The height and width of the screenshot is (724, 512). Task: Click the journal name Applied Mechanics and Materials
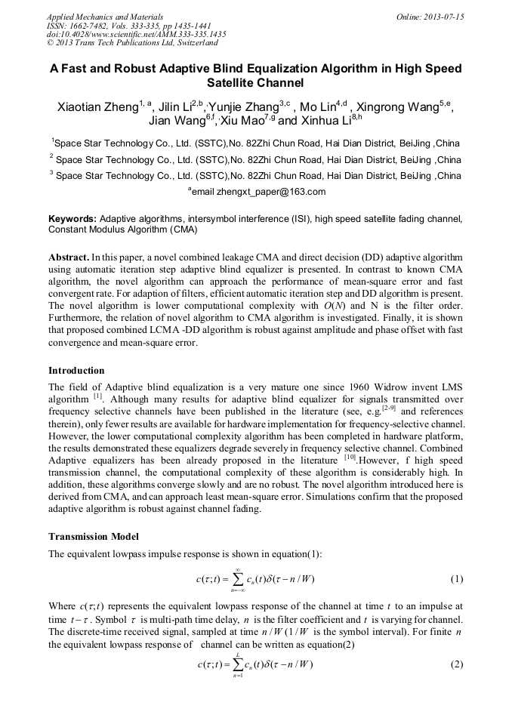click(x=105, y=17)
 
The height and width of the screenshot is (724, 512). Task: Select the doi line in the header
click(x=136, y=35)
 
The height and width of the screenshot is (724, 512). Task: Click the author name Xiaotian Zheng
click(x=100, y=107)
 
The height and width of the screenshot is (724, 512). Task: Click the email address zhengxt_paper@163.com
click(x=261, y=192)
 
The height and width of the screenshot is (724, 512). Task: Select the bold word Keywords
click(x=72, y=218)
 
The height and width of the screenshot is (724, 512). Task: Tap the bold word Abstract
click(x=69, y=257)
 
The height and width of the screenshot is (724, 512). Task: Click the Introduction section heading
click(x=76, y=371)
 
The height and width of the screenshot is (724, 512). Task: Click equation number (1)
click(x=456, y=580)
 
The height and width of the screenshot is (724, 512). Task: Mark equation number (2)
click(x=456, y=664)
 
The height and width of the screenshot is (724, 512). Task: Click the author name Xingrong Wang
click(x=403, y=107)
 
